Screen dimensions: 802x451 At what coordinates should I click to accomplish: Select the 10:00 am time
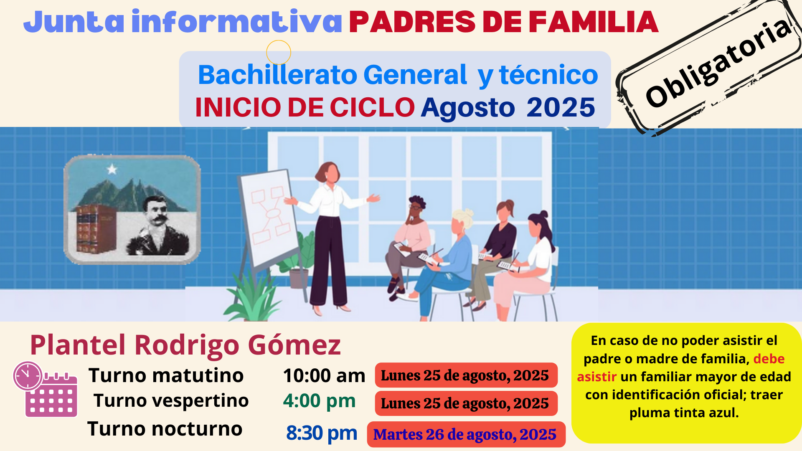click(x=324, y=375)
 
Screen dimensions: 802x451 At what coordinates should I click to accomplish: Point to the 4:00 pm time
click(x=319, y=401)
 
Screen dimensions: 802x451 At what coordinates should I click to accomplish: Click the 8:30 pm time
click(x=322, y=433)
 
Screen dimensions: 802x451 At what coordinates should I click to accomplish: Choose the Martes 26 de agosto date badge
click(x=466, y=434)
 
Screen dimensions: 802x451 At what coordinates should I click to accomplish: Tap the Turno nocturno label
click(x=165, y=429)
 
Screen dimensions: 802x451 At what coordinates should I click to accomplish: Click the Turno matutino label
click(x=166, y=375)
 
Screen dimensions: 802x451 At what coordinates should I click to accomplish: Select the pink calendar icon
click(x=51, y=395)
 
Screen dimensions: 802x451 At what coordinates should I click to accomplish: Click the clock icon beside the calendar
click(x=28, y=375)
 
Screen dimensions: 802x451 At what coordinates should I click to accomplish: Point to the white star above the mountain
click(x=112, y=169)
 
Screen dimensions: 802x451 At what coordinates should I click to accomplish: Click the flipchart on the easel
click(x=269, y=217)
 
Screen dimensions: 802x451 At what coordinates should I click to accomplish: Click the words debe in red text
click(x=769, y=359)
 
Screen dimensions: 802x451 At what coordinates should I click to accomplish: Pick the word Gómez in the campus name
click(x=294, y=346)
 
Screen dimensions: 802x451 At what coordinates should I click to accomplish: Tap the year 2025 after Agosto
click(x=561, y=107)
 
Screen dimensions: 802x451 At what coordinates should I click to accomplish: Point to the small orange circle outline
click(x=279, y=52)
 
